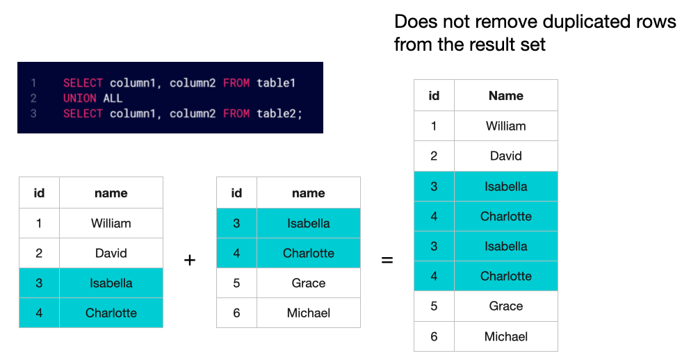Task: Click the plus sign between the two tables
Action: point(190,260)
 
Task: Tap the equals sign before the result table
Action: point(387,260)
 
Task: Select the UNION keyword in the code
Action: point(80,99)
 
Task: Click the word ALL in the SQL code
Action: point(113,99)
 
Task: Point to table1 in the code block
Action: point(276,83)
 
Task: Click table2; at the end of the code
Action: point(279,113)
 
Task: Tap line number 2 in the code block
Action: point(33,99)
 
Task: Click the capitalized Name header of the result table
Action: point(506,96)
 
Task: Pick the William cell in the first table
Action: point(111,223)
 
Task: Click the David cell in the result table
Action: point(506,156)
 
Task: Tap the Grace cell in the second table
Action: point(309,283)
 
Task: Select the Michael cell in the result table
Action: point(506,336)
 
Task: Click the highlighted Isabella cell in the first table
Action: point(111,283)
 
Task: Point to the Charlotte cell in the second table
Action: point(309,253)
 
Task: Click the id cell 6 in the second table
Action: point(236,313)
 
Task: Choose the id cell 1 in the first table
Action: point(39,223)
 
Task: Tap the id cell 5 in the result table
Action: point(434,306)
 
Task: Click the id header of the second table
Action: point(236,193)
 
